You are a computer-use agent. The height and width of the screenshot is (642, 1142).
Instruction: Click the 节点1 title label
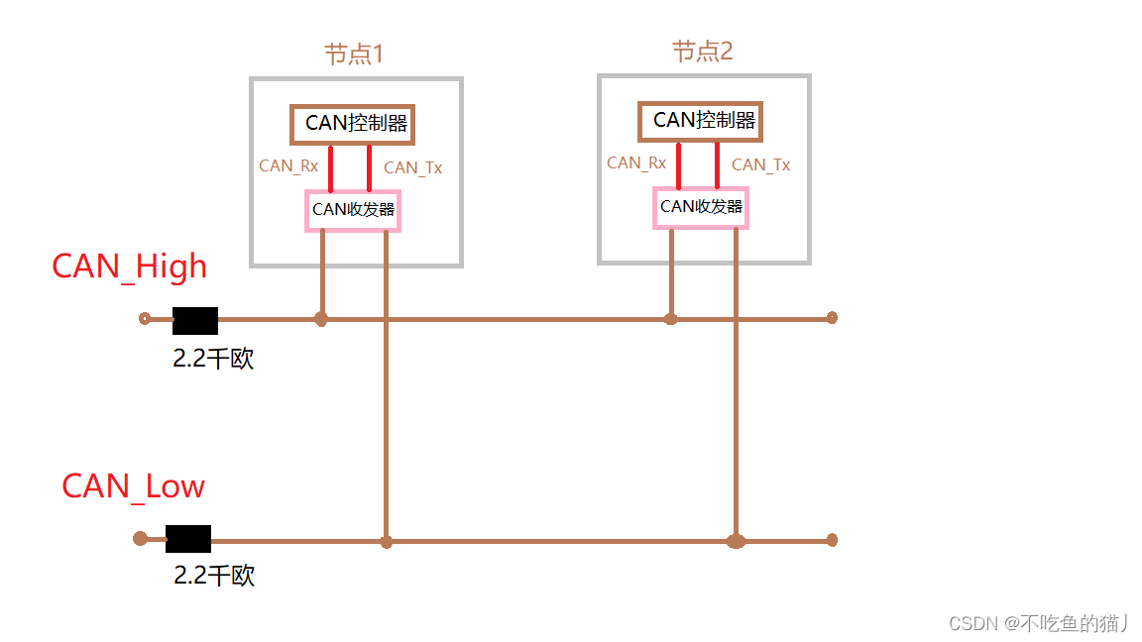pos(354,53)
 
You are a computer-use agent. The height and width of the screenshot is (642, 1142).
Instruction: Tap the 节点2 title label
pos(702,51)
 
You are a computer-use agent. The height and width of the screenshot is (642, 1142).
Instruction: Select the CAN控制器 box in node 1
pos(352,124)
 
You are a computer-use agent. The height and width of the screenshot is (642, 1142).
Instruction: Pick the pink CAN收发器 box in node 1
pos(353,210)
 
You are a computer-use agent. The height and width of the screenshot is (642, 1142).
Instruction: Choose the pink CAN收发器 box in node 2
pos(701,207)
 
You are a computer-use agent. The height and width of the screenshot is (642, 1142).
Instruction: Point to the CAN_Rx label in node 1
pos(288,165)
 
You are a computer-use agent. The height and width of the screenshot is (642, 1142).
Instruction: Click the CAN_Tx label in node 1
pos(412,167)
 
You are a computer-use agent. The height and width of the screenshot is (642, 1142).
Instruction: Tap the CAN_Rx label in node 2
pos(636,162)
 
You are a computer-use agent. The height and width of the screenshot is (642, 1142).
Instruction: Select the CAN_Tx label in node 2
pos(760,164)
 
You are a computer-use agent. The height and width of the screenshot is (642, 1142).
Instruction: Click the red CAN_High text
pos(129,267)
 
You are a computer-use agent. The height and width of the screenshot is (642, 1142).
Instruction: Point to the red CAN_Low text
pos(133,486)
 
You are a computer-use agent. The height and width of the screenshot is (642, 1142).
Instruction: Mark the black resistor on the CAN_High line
pos(194,320)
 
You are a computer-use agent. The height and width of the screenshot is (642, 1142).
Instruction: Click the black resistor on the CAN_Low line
pos(187,539)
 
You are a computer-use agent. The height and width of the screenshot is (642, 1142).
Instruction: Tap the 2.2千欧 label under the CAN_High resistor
pos(213,359)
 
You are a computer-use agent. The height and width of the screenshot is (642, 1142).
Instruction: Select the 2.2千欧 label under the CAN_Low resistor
pos(214,575)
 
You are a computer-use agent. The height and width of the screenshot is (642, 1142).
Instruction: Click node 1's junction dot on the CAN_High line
pos(320,319)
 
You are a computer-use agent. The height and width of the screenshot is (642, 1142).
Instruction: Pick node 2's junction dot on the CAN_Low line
pos(736,541)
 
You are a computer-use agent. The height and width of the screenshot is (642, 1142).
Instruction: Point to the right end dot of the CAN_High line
pos(832,318)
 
